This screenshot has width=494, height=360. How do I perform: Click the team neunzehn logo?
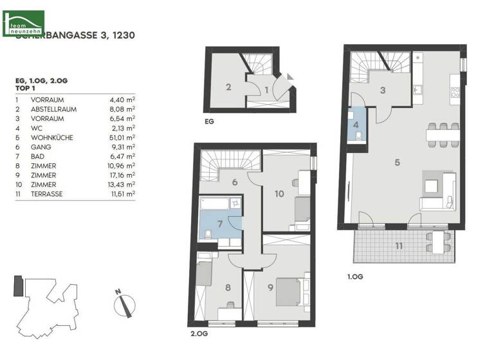[x=23, y=22]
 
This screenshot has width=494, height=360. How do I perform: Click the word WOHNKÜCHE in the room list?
[x=51, y=137]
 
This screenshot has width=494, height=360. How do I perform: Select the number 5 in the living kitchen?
[x=398, y=163]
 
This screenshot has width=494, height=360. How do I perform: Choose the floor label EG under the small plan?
[x=209, y=120]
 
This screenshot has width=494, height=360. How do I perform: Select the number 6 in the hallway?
[x=235, y=182]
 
